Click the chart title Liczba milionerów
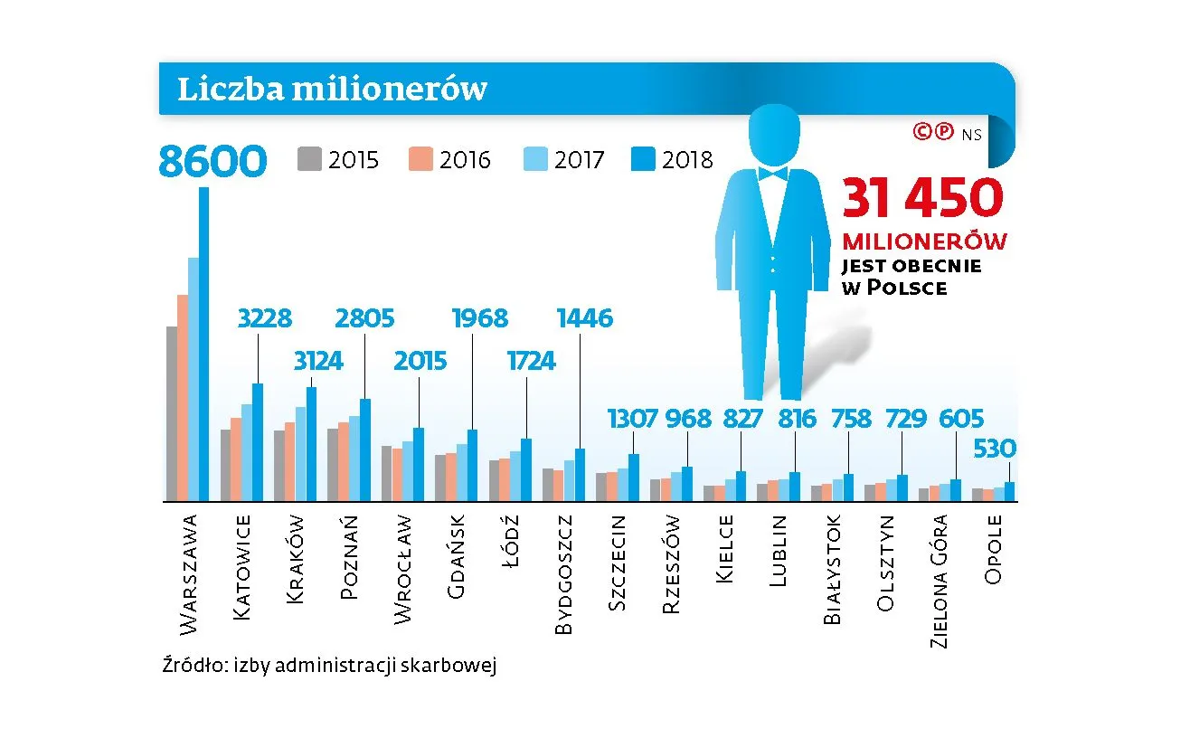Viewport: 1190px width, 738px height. tap(332, 90)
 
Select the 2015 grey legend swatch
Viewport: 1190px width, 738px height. tap(309, 159)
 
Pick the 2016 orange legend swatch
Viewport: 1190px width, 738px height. tap(420, 159)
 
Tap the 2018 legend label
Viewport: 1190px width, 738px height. tap(687, 160)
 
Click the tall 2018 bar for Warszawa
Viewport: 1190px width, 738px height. tap(203, 344)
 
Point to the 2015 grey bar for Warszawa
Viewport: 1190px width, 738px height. tap(171, 413)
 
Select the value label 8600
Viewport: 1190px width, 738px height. tap(213, 162)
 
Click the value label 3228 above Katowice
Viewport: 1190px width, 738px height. tap(264, 318)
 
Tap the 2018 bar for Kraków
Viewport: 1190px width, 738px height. tap(311, 443)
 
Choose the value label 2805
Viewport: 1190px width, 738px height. tap(364, 318)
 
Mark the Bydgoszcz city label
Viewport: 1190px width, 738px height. tap(562, 574)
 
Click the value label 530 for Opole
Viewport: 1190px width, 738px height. tap(994, 449)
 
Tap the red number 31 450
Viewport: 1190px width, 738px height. tap(922, 198)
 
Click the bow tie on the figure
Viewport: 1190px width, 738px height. tap(775, 172)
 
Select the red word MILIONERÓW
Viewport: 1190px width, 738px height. tap(924, 241)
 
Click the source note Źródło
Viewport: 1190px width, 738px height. tap(328, 667)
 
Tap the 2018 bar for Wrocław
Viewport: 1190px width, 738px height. tap(419, 464)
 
